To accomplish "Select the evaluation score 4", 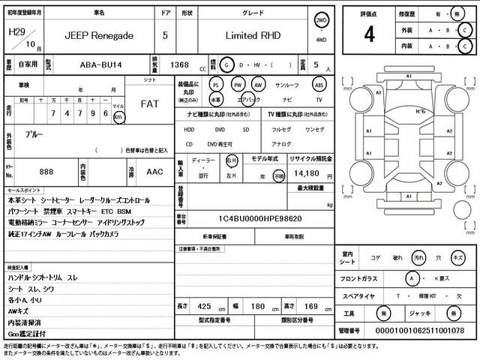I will (x=369, y=34).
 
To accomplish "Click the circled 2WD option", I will (x=321, y=21).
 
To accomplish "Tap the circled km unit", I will (x=118, y=117).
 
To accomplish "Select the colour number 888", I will (x=46, y=172).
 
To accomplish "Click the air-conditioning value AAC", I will (x=155, y=172).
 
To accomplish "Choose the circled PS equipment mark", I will (x=216, y=85).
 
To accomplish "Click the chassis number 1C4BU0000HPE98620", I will (x=255, y=218).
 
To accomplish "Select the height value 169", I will (x=313, y=307).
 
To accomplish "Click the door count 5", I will (x=165, y=35).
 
